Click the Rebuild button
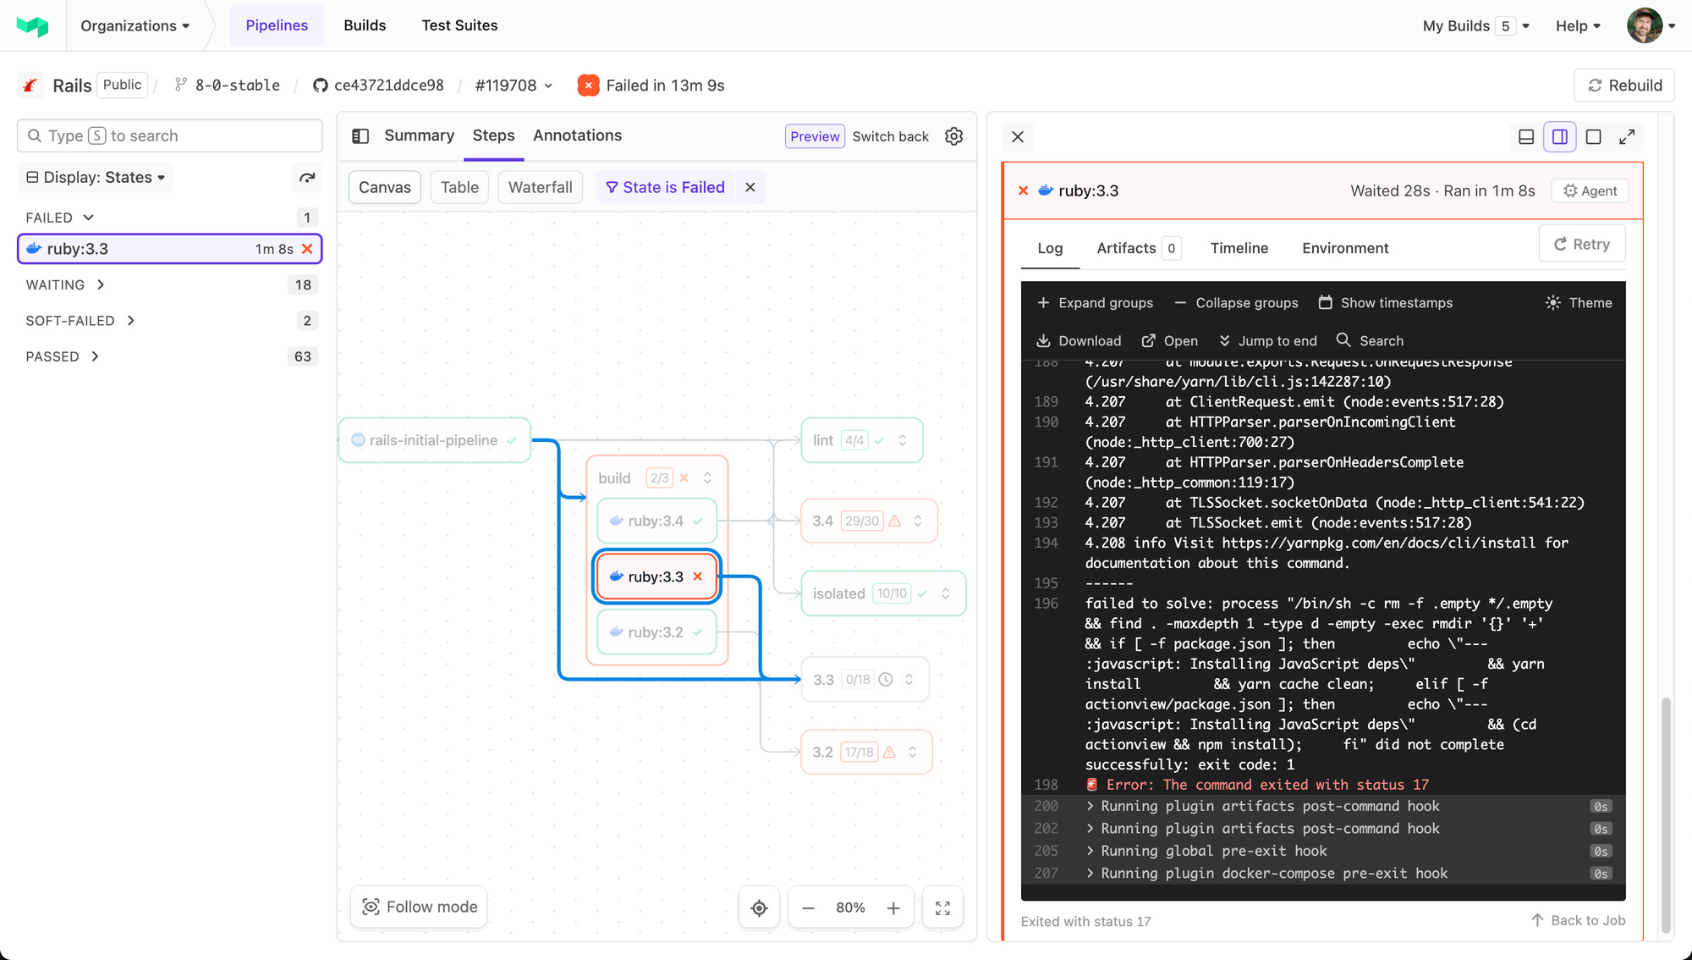[x=1624, y=86]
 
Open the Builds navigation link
[x=365, y=25]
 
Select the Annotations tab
[x=577, y=135]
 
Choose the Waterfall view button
[x=540, y=187]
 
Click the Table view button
[x=459, y=187]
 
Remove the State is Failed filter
[x=750, y=187]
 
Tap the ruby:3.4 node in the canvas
[x=656, y=521]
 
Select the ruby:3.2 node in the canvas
[x=656, y=632]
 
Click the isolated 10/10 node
[x=882, y=593]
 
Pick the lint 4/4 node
[x=860, y=440]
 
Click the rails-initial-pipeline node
[x=433, y=440]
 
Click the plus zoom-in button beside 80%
[x=893, y=908]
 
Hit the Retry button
[x=1581, y=245]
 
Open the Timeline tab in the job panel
[x=1239, y=248]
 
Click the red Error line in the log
[x=1266, y=785]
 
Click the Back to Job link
[x=1578, y=920]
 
